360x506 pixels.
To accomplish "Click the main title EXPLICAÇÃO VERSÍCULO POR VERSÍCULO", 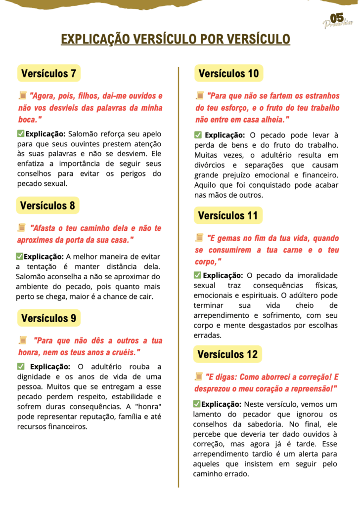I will pyautogui.click(x=176, y=40).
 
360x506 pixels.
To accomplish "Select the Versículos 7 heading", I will pyautogui.click(x=48, y=74).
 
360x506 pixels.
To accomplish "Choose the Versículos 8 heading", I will pyautogui.click(x=47, y=205).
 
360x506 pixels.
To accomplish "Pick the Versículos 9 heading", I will pyautogui.click(x=48, y=318).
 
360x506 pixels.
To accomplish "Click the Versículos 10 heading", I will pyautogui.click(x=228, y=74).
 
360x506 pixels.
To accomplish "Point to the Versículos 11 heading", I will pyautogui.click(x=227, y=215).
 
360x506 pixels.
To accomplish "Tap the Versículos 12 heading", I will pyautogui.click(x=227, y=354).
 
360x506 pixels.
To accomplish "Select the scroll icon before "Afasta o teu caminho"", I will pyautogui.click(x=22, y=228).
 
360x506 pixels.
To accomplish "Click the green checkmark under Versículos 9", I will pyautogui.click(x=21, y=366).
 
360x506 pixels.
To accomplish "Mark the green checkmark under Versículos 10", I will pyautogui.click(x=198, y=135).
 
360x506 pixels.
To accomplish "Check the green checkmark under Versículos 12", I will pyautogui.click(x=197, y=404).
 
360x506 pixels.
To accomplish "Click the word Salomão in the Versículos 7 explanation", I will pyautogui.click(x=84, y=133).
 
